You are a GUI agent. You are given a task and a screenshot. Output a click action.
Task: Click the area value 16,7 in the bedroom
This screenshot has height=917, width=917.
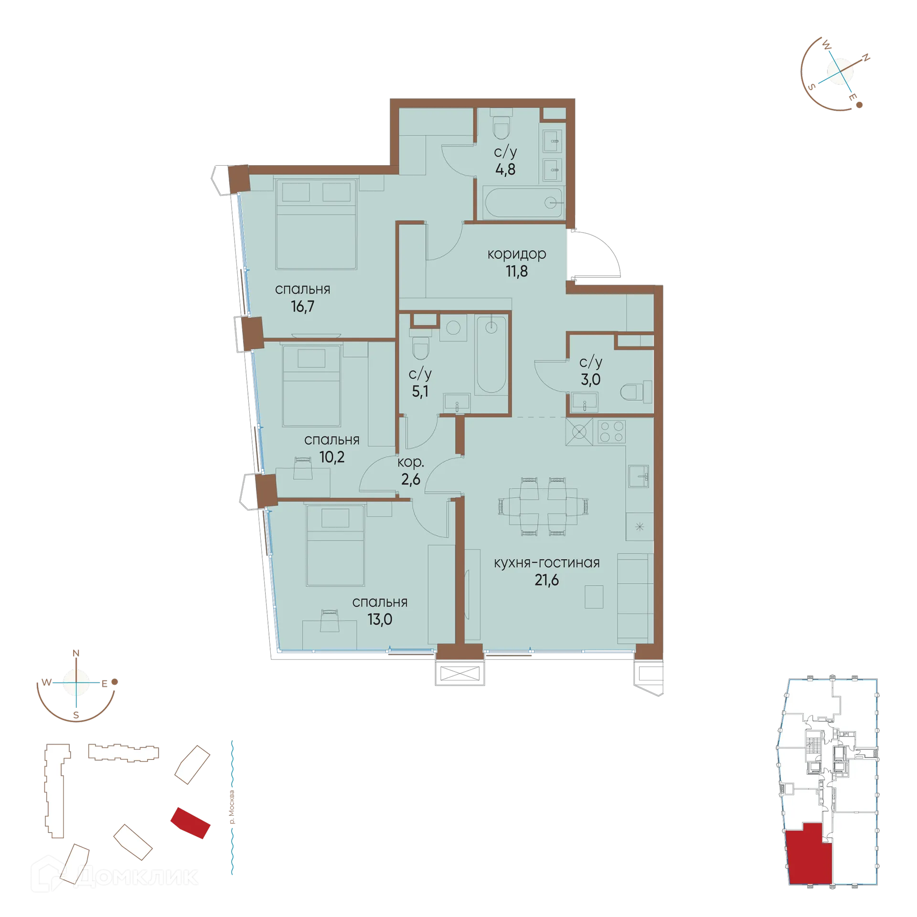302,306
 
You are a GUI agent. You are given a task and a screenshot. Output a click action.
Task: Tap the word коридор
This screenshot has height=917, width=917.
516,254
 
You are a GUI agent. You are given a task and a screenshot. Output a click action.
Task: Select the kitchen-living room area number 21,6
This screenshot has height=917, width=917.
546,580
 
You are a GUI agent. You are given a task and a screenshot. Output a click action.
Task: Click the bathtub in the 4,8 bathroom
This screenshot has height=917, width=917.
523,203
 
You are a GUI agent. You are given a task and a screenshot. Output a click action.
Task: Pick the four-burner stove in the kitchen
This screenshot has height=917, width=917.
612,431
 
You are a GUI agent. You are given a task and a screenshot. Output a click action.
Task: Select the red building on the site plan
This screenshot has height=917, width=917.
191,823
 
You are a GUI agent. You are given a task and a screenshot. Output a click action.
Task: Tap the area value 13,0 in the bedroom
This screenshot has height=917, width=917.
380,619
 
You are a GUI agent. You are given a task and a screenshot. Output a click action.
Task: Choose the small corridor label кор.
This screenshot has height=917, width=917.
410,462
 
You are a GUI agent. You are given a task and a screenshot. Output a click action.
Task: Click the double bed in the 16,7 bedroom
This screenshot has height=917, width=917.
316,224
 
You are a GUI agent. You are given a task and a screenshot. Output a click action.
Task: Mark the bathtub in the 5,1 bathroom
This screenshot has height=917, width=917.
491,354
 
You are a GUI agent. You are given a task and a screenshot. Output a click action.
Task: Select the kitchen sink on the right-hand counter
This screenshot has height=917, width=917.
638,476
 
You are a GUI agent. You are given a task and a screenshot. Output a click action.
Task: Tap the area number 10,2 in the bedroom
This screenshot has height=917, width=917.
331,457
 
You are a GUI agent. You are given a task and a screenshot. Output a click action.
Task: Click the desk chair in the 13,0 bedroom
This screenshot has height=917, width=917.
330,620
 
